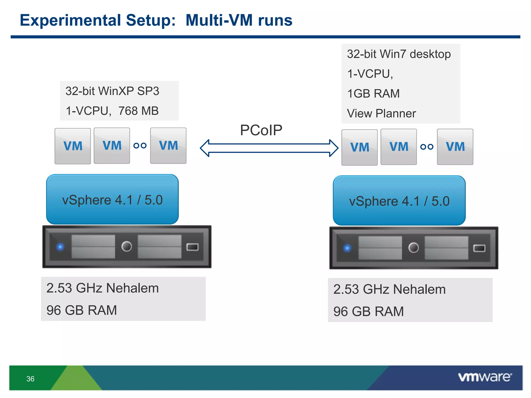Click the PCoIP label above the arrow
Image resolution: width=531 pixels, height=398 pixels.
(x=261, y=130)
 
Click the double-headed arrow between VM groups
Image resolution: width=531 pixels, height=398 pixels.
(x=269, y=148)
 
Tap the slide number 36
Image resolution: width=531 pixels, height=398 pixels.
(x=30, y=379)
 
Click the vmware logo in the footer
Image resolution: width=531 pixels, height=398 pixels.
(x=485, y=377)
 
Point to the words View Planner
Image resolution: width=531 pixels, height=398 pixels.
(x=381, y=113)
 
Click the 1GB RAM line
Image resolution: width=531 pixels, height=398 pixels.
(x=373, y=94)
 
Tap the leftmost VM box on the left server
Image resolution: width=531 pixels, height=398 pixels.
(x=73, y=146)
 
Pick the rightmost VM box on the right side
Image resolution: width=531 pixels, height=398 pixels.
(x=455, y=147)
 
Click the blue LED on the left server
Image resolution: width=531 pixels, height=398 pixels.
(x=60, y=247)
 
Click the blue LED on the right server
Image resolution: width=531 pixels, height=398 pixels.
(x=347, y=248)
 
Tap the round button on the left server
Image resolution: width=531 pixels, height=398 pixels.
(x=127, y=246)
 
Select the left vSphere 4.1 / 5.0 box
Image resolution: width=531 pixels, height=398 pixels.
(x=112, y=200)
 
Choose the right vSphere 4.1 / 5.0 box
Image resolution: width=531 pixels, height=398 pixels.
(x=399, y=201)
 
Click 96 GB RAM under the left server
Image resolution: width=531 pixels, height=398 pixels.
(x=82, y=310)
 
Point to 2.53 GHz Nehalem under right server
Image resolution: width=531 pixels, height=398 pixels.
(x=389, y=289)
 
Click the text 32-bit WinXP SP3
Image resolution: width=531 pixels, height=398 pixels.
(x=112, y=91)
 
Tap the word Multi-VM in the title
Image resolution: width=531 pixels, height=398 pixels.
(x=219, y=20)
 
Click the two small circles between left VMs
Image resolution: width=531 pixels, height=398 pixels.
(x=140, y=146)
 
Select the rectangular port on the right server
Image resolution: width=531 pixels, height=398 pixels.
(x=479, y=248)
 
